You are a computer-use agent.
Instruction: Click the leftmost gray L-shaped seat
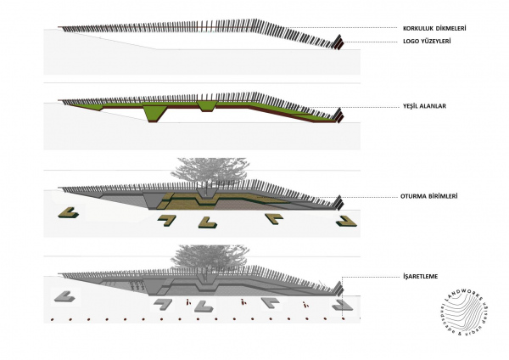point(64,296)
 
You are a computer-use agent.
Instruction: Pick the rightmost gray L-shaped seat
point(344,303)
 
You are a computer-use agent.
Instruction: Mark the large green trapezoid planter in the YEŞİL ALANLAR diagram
point(155,112)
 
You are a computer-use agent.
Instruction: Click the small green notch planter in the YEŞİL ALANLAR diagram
point(207,105)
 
